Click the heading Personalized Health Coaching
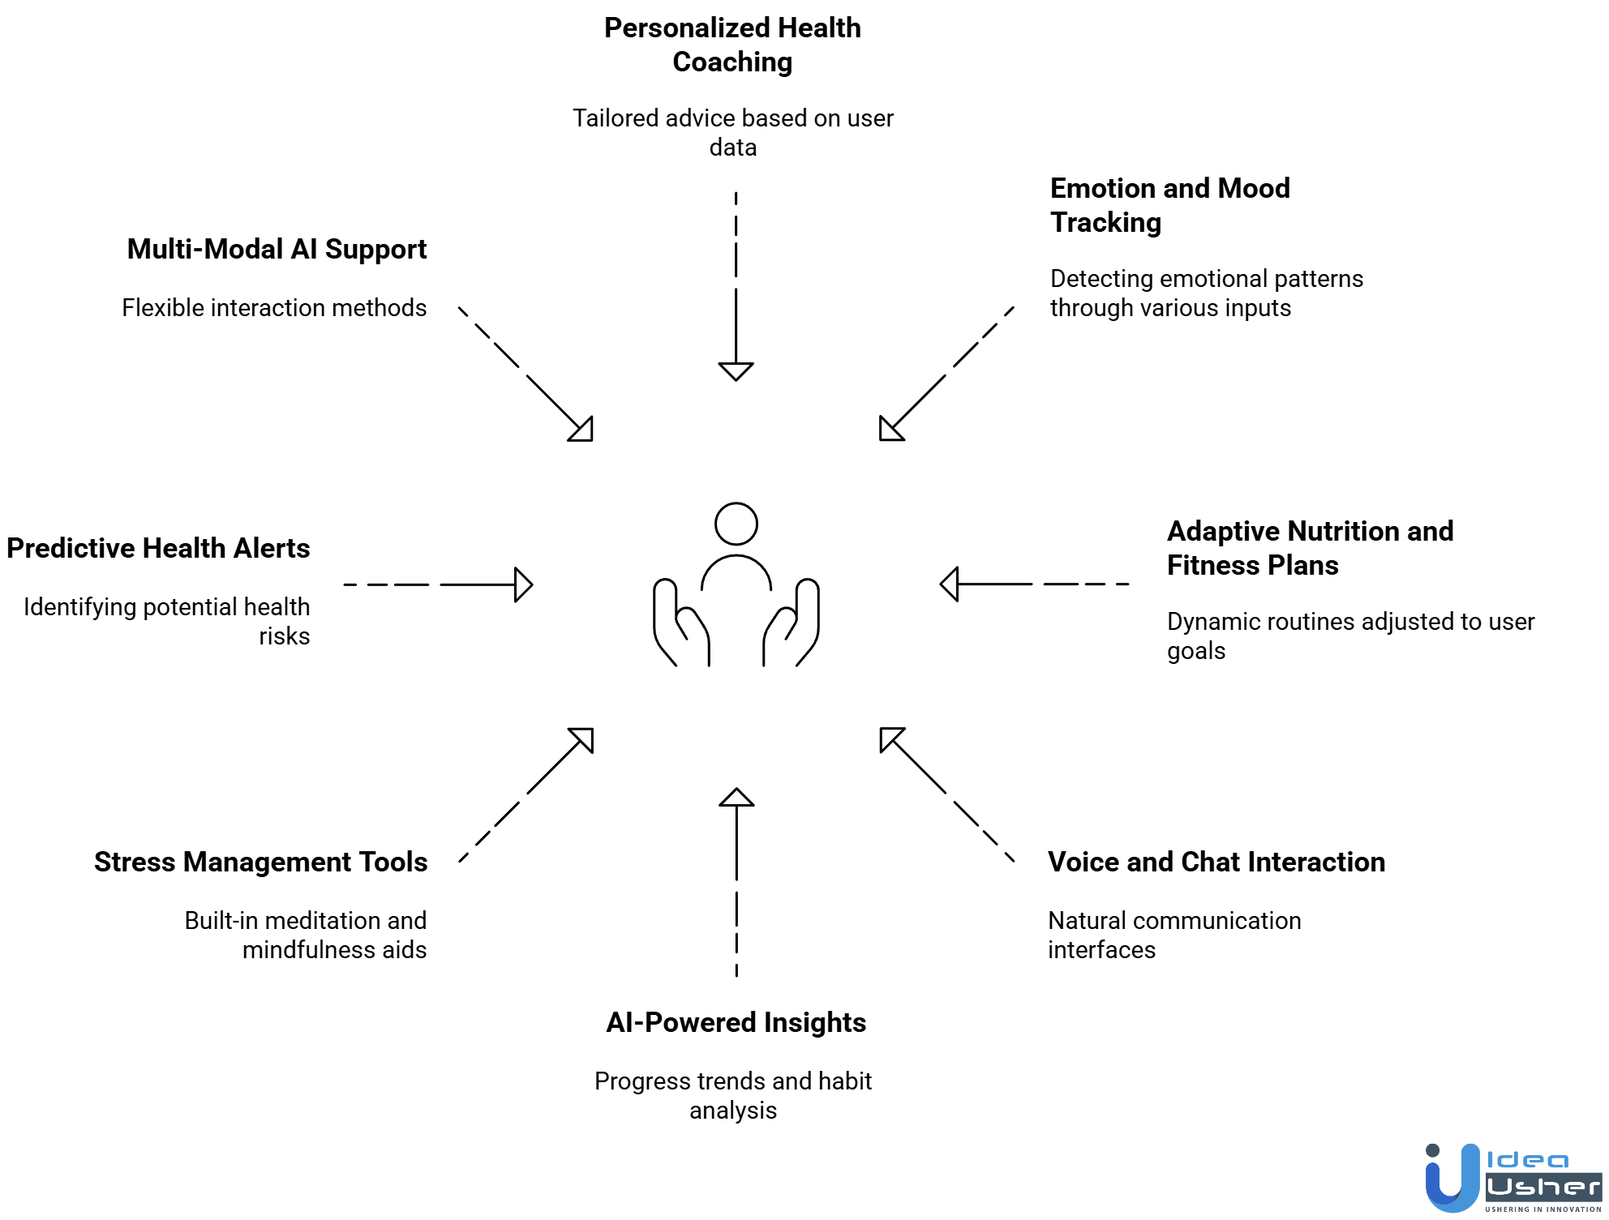(732, 45)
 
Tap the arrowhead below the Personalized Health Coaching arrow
(736, 371)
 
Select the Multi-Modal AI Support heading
(277, 249)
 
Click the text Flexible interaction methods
(274, 308)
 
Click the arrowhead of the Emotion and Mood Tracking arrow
(890, 430)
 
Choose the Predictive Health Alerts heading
(158, 548)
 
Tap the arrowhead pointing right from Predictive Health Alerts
(523, 584)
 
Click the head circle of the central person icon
(736, 524)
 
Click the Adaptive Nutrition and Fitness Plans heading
(1309, 548)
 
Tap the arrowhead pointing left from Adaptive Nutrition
(950, 584)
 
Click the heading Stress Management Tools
(260, 862)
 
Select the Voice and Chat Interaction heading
(1216, 862)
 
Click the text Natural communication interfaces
(1173, 935)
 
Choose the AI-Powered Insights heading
(736, 1022)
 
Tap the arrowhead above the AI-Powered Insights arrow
(736, 798)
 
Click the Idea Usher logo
(1512, 1178)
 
